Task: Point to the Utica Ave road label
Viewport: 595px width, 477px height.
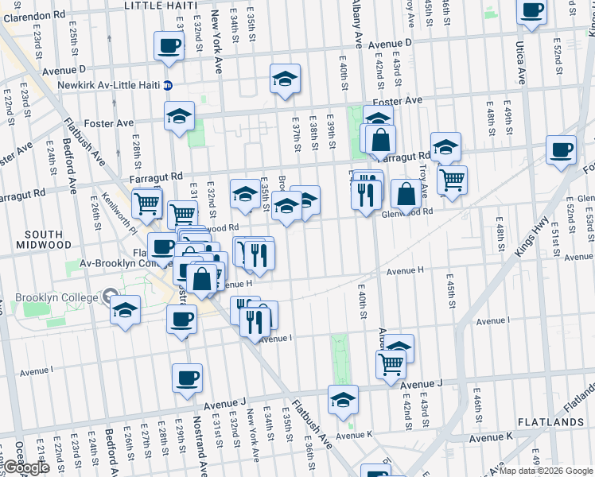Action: pos(521,64)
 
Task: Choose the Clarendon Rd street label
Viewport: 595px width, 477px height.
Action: pos(35,15)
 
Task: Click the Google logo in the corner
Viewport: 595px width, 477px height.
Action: pos(25,467)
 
